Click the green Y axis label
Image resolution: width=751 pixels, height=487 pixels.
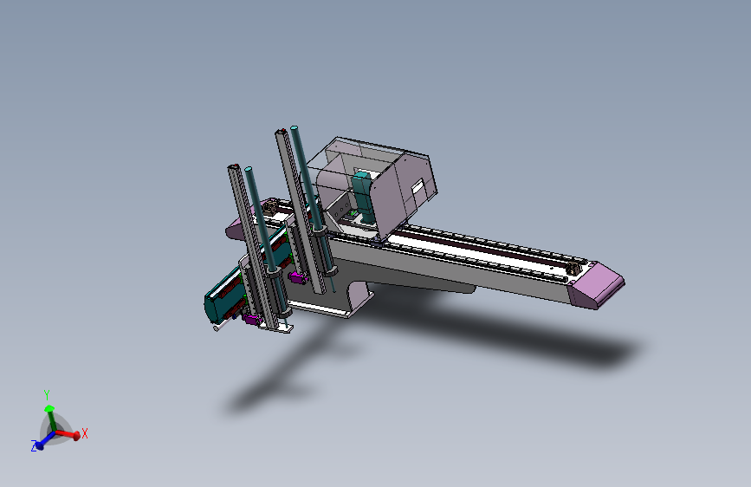[x=47, y=395]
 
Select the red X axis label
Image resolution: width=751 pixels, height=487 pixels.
[x=85, y=433]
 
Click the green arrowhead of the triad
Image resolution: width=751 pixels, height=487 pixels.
[x=49, y=409]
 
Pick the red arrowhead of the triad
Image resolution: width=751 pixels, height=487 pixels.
[x=76, y=436]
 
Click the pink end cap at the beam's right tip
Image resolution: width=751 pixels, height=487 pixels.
[x=597, y=286]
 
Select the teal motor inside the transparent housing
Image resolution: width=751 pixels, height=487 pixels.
[x=363, y=197]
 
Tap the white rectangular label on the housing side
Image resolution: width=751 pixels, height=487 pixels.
[x=418, y=187]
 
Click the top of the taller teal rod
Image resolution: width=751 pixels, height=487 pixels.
[x=295, y=128]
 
